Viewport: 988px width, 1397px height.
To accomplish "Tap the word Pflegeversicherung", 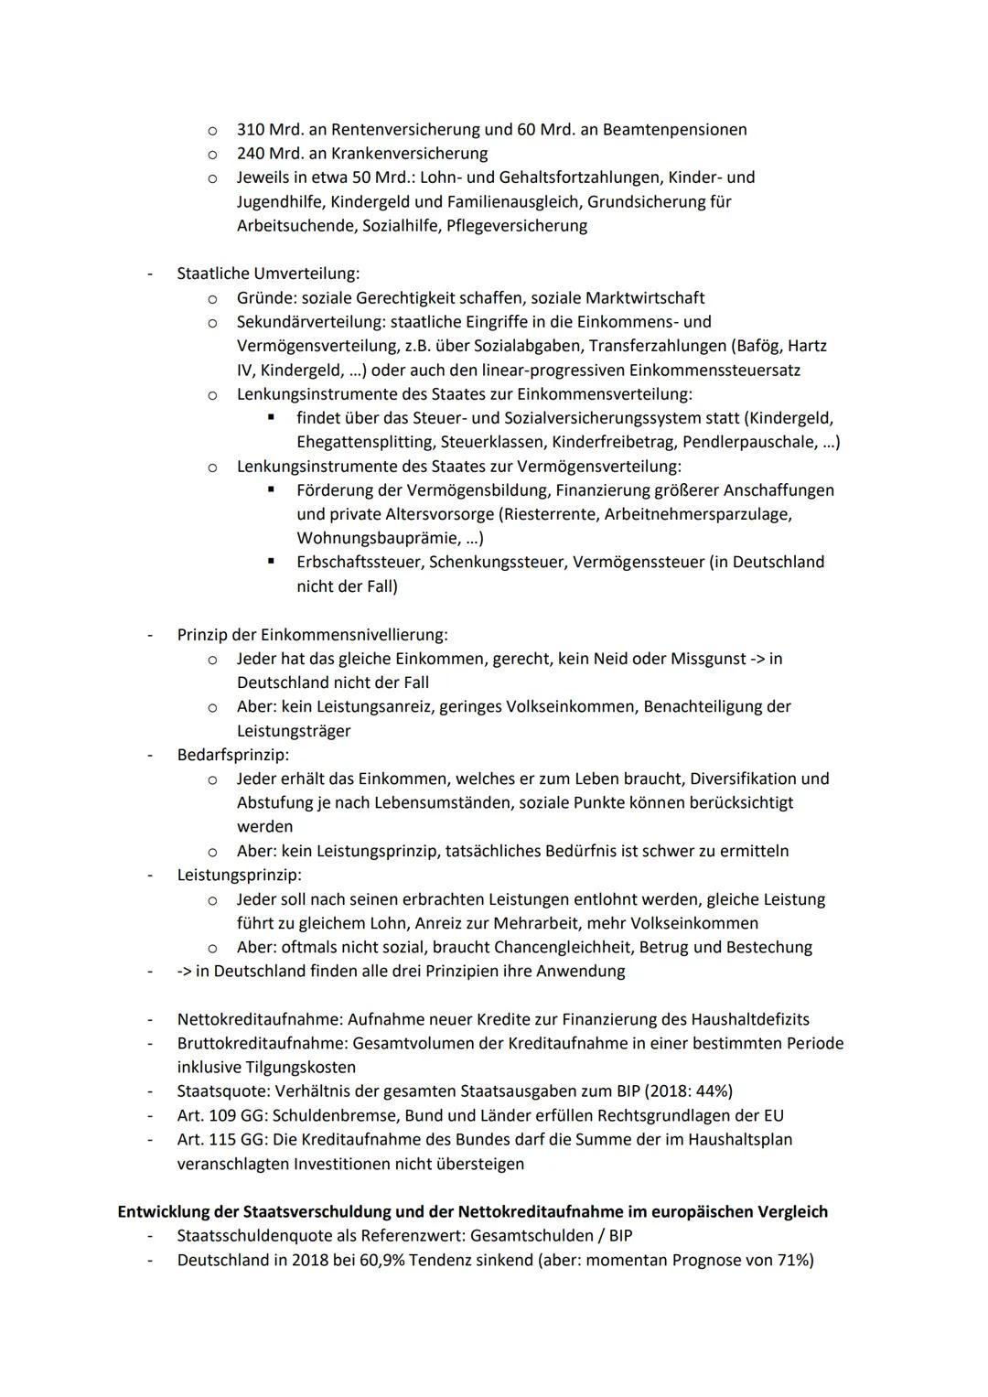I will [x=517, y=225].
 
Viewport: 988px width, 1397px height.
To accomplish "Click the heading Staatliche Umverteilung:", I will [x=268, y=274].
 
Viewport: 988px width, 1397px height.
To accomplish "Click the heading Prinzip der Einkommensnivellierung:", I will [x=312, y=634].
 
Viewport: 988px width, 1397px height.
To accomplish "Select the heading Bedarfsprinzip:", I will [x=232, y=755].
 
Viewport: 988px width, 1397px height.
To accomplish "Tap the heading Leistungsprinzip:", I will [x=239, y=875].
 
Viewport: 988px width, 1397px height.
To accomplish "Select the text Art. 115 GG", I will [x=220, y=1139].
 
